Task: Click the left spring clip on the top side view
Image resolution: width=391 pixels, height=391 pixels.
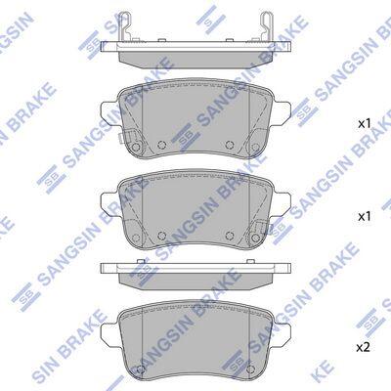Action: pyautogui.click(x=125, y=26)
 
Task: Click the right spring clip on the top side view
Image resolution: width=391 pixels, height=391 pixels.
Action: pyautogui.click(x=266, y=26)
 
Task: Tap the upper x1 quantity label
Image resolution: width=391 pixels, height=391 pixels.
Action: pyautogui.click(x=364, y=124)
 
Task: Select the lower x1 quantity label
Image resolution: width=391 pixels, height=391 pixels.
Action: pyautogui.click(x=364, y=217)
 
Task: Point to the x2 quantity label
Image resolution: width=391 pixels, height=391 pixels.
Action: pyautogui.click(x=364, y=348)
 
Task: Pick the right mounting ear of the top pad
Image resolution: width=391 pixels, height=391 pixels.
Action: pyautogui.click(x=282, y=112)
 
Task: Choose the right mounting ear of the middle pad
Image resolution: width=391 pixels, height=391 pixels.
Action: pyautogui.click(x=282, y=202)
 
